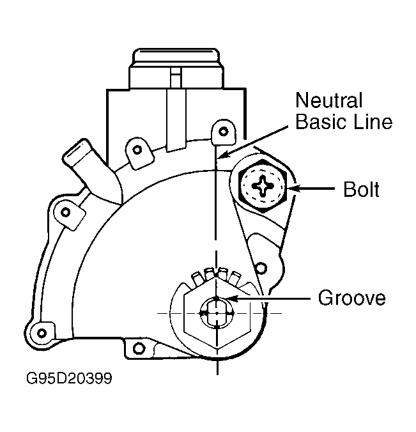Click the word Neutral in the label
[328, 100]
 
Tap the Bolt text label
[361, 189]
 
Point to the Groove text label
[352, 298]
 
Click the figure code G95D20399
[69, 378]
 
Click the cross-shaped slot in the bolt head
[263, 186]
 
